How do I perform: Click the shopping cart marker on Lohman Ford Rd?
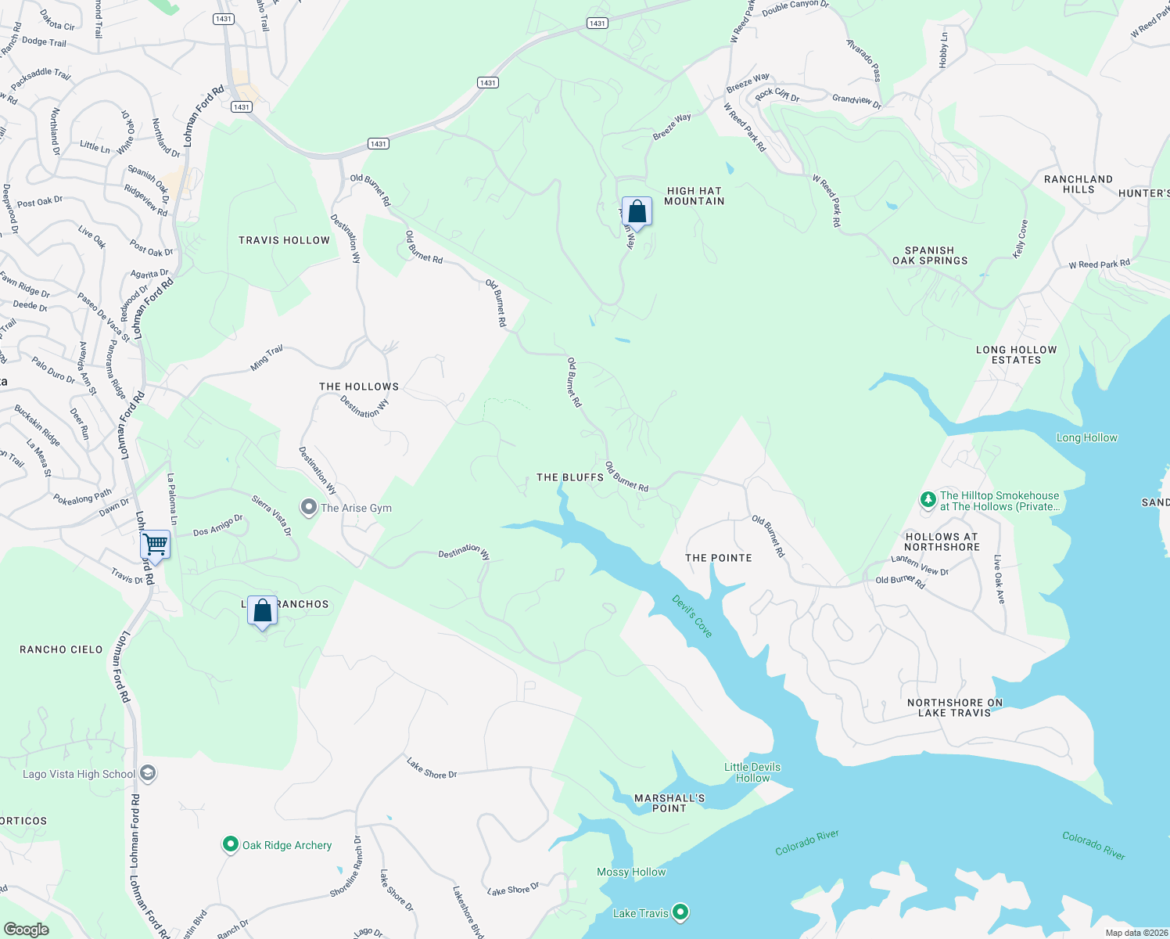pyautogui.click(x=156, y=544)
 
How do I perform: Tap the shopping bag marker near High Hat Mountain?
pyautogui.click(x=637, y=211)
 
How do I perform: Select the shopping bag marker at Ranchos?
pyautogui.click(x=263, y=610)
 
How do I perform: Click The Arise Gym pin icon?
pyautogui.click(x=309, y=508)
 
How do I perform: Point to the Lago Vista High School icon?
pyautogui.click(x=149, y=774)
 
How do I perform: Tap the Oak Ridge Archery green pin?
pyautogui.click(x=230, y=845)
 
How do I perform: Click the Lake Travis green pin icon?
pyautogui.click(x=680, y=912)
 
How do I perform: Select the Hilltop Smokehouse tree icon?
pyautogui.click(x=928, y=499)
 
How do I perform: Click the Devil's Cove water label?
pyautogui.click(x=693, y=617)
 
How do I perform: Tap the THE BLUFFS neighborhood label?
pyautogui.click(x=570, y=477)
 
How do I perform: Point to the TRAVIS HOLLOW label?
pyautogui.click(x=284, y=240)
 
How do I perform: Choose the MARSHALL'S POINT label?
pyautogui.click(x=669, y=803)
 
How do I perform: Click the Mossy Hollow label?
pyautogui.click(x=631, y=872)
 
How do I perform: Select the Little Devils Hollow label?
pyautogui.click(x=752, y=772)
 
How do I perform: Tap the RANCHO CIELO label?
pyautogui.click(x=61, y=649)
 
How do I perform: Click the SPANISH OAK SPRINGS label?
pyautogui.click(x=930, y=255)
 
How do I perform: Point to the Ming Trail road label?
pyautogui.click(x=267, y=358)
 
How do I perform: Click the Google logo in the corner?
pyautogui.click(x=26, y=930)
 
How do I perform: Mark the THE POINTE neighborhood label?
pyautogui.click(x=718, y=558)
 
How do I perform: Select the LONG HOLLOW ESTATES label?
pyautogui.click(x=1016, y=354)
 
